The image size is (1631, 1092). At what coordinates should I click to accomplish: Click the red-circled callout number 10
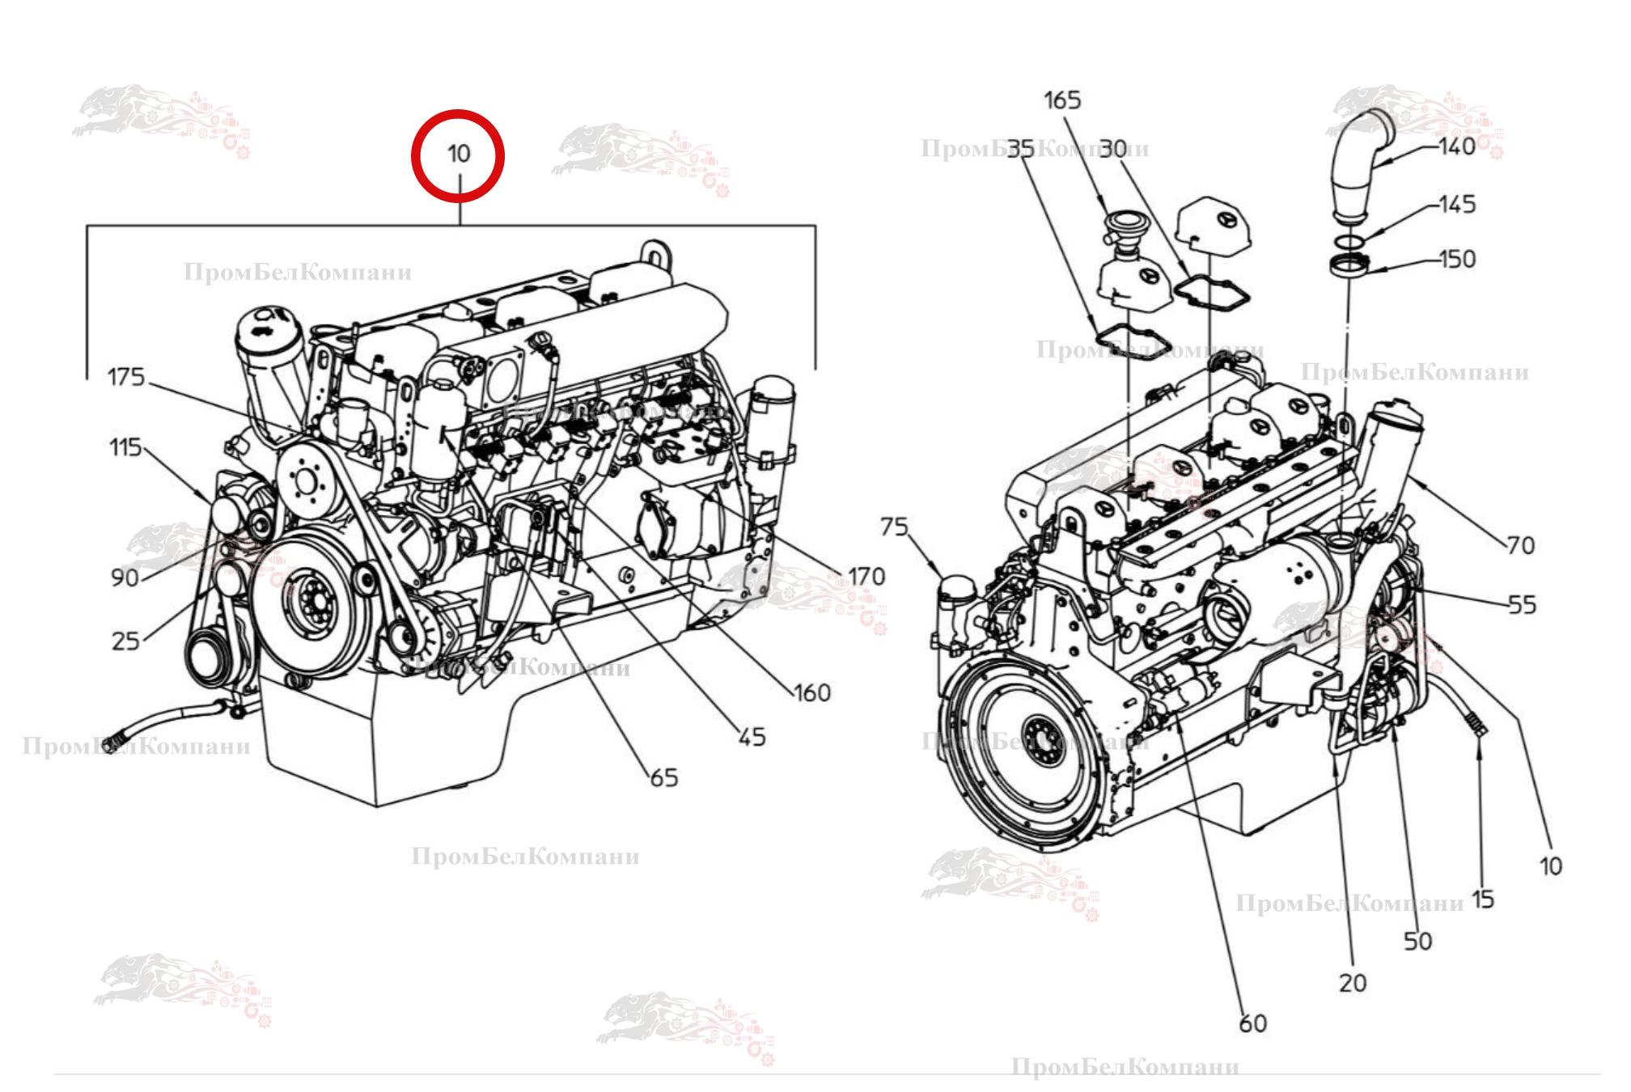click(459, 154)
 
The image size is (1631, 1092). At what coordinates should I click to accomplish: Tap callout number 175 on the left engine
click(126, 377)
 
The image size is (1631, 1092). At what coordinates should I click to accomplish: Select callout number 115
click(125, 447)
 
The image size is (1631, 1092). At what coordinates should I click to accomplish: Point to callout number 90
click(125, 578)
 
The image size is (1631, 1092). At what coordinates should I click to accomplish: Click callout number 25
click(125, 641)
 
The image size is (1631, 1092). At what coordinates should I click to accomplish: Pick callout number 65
click(664, 778)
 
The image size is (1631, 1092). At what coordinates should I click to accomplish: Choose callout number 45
click(752, 737)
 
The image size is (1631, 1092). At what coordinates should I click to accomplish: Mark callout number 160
click(812, 693)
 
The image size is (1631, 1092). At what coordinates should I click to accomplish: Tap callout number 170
click(866, 577)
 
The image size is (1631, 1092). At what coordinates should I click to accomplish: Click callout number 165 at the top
click(1062, 100)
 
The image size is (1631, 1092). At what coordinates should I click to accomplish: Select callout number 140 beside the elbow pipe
click(1457, 146)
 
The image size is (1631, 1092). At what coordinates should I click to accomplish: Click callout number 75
click(894, 527)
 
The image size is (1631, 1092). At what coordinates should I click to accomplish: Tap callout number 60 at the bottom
click(1253, 1024)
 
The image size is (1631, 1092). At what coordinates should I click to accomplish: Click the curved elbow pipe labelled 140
click(1359, 162)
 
